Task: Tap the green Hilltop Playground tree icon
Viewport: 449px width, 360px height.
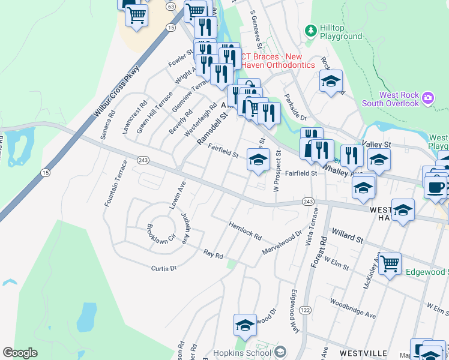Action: (x=310, y=30)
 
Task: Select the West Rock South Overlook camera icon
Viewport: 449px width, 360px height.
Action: (x=427, y=97)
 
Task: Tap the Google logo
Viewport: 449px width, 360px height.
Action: (x=20, y=353)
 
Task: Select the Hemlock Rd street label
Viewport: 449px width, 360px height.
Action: (x=245, y=230)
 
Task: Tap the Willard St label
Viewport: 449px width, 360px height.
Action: (x=348, y=235)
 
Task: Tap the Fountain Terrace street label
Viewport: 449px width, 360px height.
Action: (x=116, y=184)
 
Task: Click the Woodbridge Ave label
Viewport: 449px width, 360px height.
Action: (x=352, y=310)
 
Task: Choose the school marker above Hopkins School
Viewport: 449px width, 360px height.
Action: (x=245, y=326)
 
